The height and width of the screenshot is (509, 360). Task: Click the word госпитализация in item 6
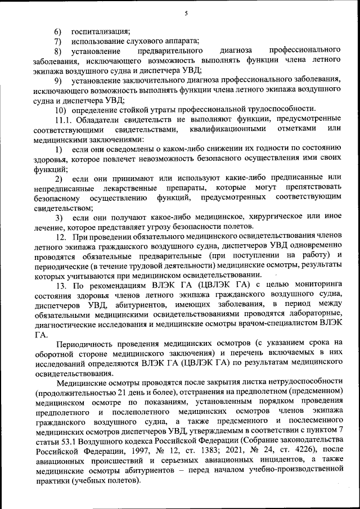pos(101,30)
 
